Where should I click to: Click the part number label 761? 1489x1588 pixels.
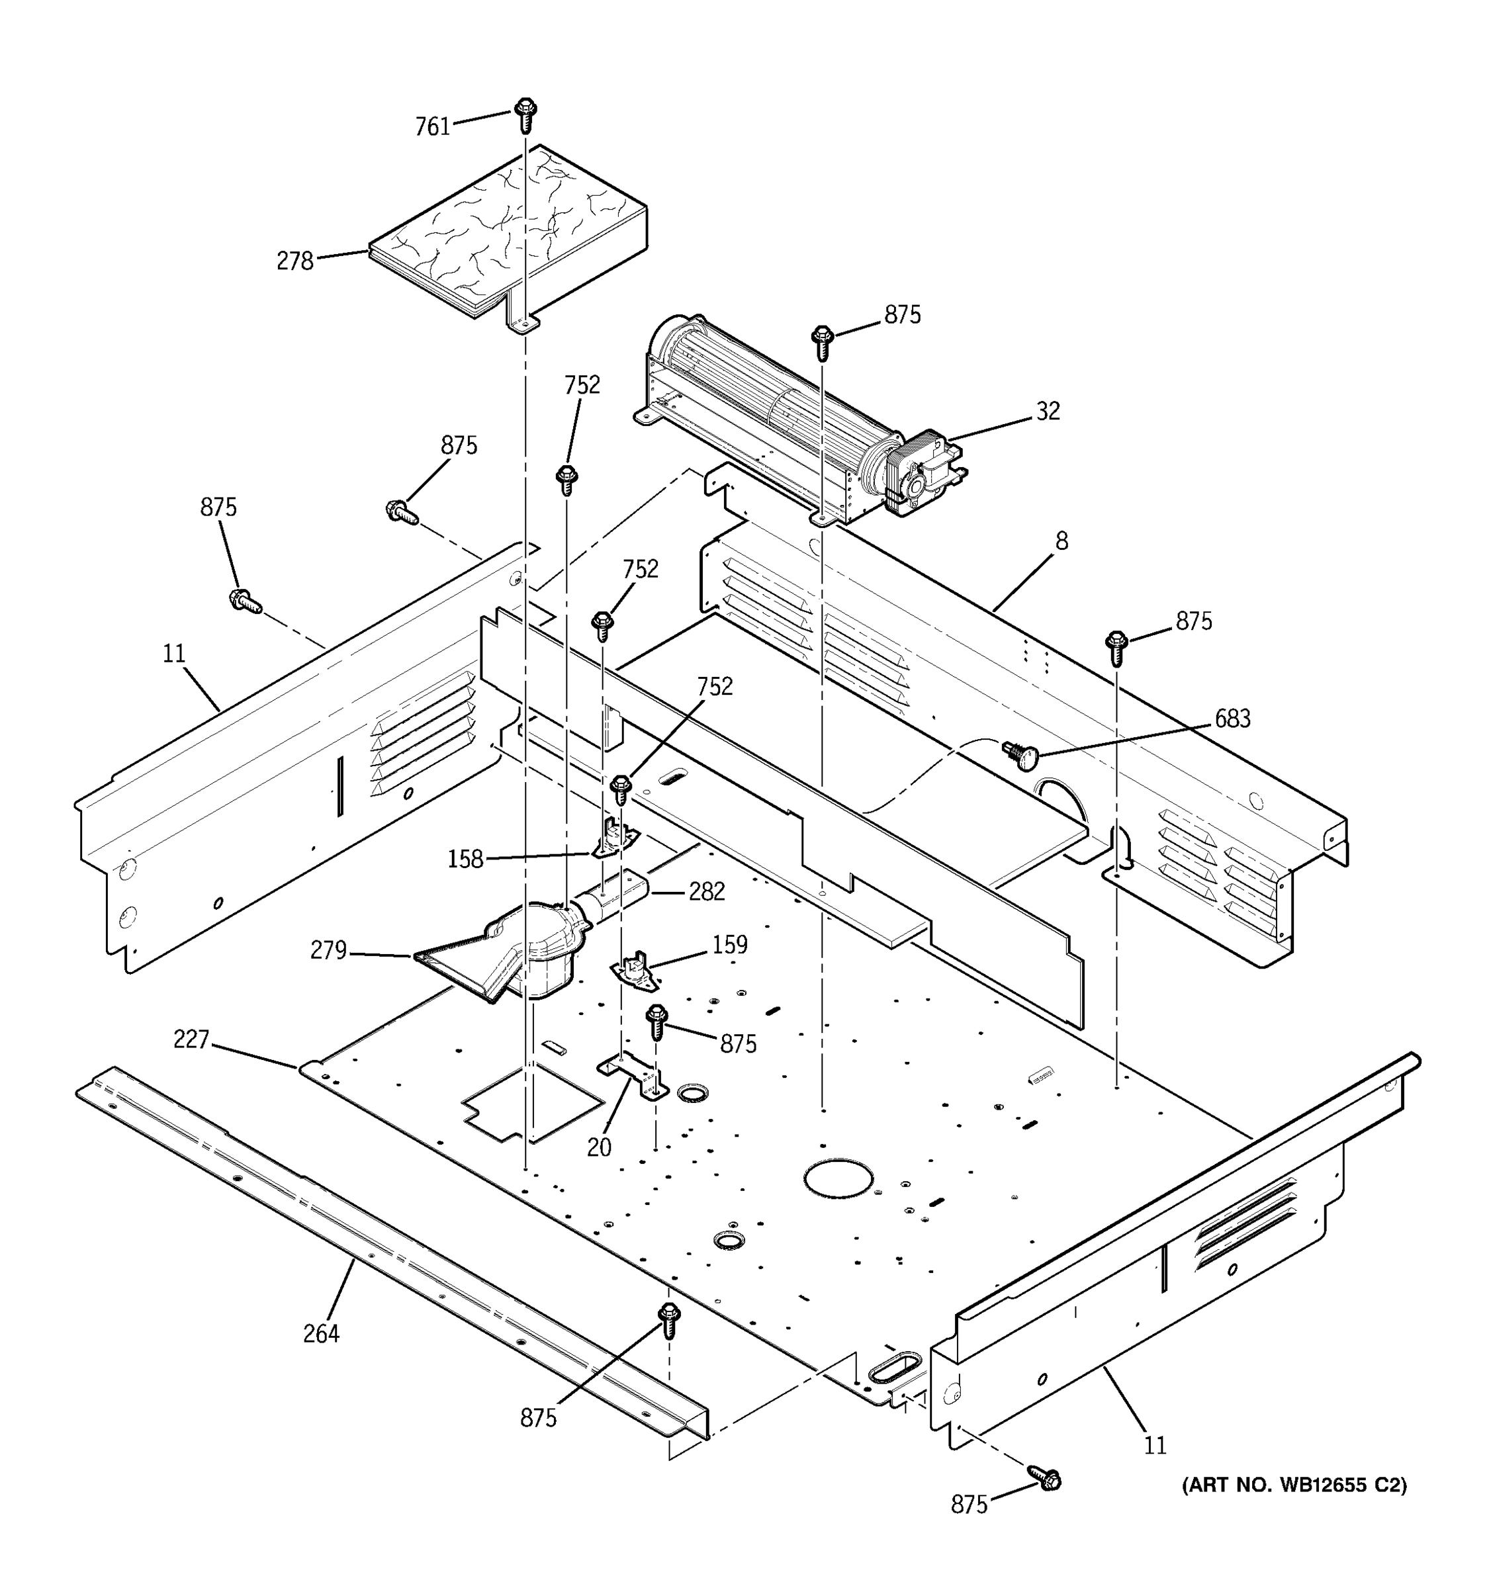tap(433, 127)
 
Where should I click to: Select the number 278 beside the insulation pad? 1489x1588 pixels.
tap(294, 261)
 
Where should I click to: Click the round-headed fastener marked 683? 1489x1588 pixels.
tap(1022, 753)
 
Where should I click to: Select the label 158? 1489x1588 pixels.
tap(465, 860)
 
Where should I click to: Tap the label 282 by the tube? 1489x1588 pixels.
tap(706, 891)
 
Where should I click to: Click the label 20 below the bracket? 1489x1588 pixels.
tap(599, 1148)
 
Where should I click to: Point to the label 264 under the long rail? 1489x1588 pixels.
tap(321, 1334)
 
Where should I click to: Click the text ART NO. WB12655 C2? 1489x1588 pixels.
tap(1294, 1485)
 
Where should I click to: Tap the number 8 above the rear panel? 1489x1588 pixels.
tap(1061, 542)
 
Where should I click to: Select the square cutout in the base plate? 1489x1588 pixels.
tap(533, 1101)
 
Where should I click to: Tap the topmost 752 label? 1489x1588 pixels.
tap(582, 385)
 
